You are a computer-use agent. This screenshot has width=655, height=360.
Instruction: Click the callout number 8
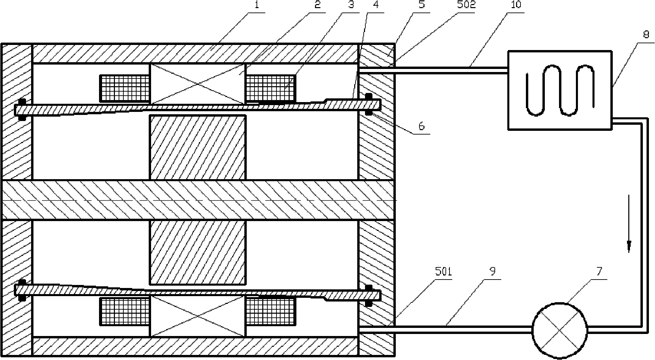[646, 34]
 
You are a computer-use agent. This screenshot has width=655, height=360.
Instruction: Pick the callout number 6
[421, 126]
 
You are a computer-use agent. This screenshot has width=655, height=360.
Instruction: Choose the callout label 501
[443, 271]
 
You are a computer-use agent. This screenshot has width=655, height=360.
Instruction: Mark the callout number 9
[492, 271]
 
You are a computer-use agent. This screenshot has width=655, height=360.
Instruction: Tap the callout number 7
[599, 271]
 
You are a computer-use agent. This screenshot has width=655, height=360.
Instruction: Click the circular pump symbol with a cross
[560, 330]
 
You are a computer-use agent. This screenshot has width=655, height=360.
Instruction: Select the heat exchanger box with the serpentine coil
[560, 90]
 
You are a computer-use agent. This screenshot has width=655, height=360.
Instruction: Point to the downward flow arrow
[629, 223]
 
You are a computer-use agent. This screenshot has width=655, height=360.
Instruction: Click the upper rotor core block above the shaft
[197, 147]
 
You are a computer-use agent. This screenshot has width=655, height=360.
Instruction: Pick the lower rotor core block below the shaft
[197, 252]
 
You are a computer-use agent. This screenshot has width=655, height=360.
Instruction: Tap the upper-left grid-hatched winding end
[124, 88]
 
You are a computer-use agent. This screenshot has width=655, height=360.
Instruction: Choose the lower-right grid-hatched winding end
[271, 311]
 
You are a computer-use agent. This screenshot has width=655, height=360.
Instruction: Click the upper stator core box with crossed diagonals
[197, 84]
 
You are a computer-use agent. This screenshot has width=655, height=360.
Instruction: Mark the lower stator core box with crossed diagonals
[197, 316]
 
